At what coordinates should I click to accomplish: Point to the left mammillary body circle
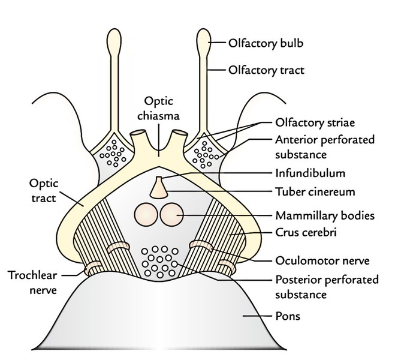click(x=146, y=214)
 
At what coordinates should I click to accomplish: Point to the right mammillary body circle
click(x=171, y=214)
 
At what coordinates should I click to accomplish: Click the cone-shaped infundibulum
click(x=159, y=187)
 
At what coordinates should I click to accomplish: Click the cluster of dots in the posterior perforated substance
click(x=158, y=259)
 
